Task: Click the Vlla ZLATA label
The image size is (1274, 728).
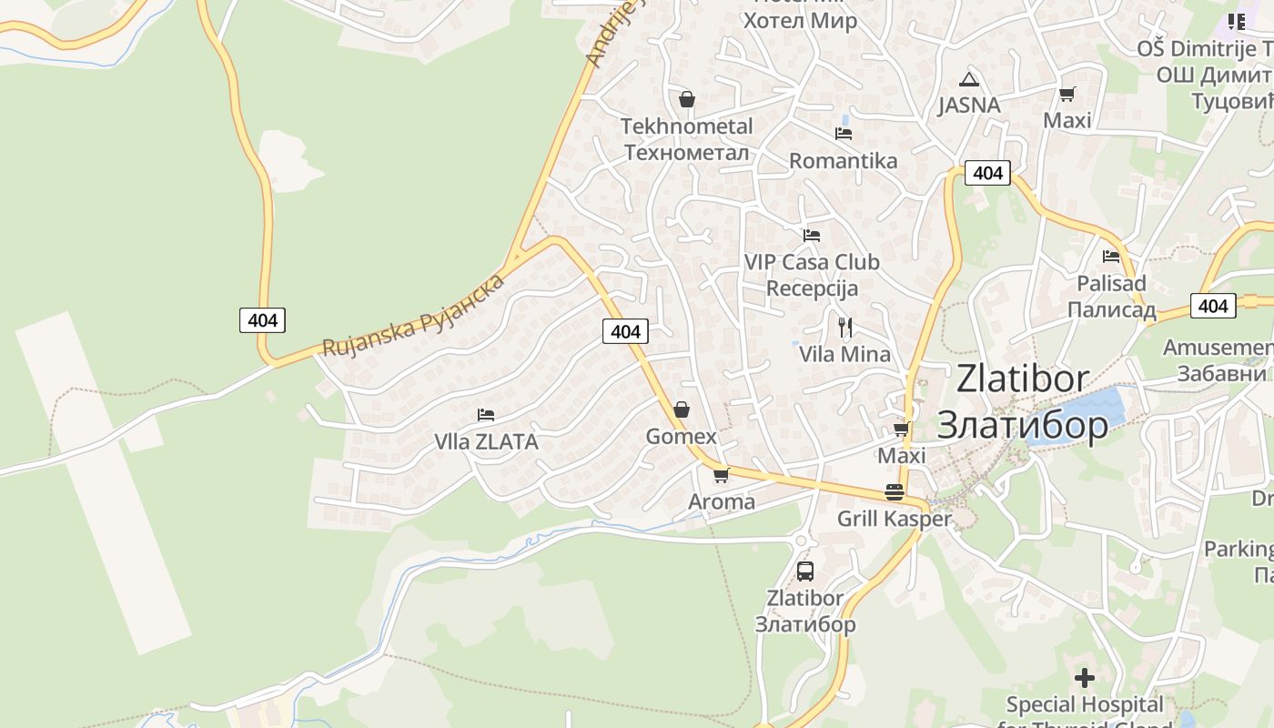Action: [486, 442]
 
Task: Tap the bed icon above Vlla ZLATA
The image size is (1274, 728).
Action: [486, 415]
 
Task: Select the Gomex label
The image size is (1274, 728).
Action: [681, 437]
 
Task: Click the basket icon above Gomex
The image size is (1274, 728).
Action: [682, 409]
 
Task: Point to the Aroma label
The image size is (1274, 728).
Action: [722, 501]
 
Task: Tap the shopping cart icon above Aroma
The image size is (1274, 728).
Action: [722, 475]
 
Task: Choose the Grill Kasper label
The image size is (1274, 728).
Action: [894, 519]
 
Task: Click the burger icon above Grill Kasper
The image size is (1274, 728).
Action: [895, 492]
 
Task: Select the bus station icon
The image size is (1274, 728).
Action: [805, 571]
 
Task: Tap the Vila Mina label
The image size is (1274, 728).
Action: [844, 354]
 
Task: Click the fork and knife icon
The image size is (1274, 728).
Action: [845, 328]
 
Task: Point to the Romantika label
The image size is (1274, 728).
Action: [843, 161]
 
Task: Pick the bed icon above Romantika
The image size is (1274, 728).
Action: [844, 134]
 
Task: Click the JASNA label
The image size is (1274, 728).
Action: [969, 105]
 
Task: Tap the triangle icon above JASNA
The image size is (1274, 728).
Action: [969, 79]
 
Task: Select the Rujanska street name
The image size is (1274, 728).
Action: [414, 314]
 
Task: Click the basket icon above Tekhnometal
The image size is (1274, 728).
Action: [687, 99]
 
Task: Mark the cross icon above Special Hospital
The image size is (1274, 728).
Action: [1084, 678]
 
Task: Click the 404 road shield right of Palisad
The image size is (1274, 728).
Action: [1213, 306]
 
